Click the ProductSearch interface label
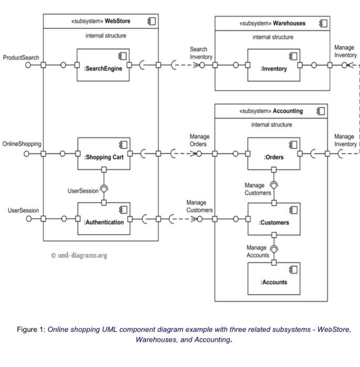(21, 57)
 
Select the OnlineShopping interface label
(22, 143)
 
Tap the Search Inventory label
(201, 53)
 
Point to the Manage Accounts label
(257, 251)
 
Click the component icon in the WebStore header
(152, 21)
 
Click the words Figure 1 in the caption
(30, 330)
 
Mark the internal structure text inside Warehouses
(273, 37)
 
